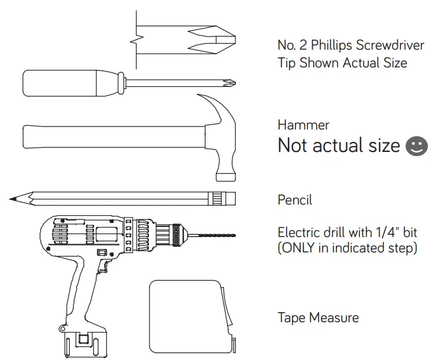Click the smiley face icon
417,146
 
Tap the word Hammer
303,125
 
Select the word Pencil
295,200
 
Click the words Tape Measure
318,317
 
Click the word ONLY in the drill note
298,248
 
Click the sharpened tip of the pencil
10,199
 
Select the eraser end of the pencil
230,199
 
